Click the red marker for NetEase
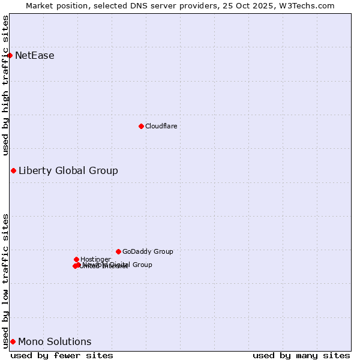click(10, 55)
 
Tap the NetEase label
click(35, 56)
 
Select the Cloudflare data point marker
click(141, 126)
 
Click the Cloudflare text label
click(161, 126)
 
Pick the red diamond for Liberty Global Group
click(13, 170)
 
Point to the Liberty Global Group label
click(68, 170)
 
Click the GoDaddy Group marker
click(118, 251)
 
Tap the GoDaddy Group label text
click(148, 251)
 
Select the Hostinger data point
click(76, 259)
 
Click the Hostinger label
click(95, 259)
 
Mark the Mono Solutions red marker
click(13, 341)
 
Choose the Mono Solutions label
click(55, 342)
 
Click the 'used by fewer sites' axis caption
click(62, 355)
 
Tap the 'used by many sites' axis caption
click(301, 355)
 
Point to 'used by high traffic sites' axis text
click(6, 85)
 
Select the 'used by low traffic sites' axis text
click(6, 281)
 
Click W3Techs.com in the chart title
click(310, 5)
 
